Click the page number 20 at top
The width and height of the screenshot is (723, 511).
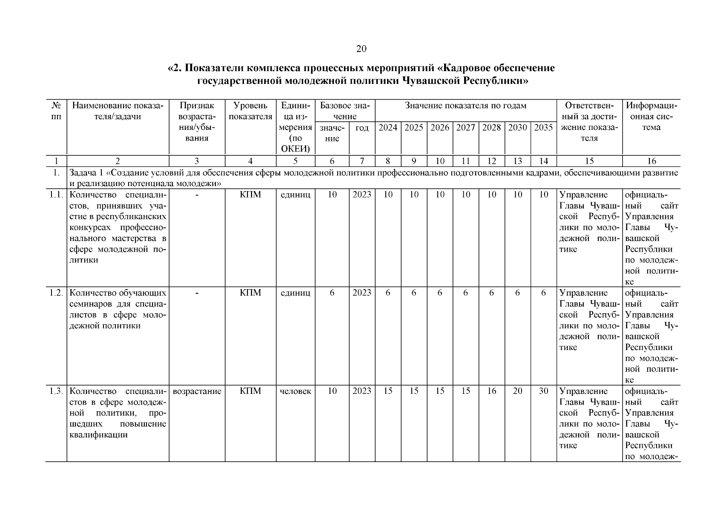tap(361, 49)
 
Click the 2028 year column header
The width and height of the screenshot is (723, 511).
tap(491, 127)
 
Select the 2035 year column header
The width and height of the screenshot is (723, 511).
tap(543, 127)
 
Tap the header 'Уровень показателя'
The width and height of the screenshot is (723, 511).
tap(250, 111)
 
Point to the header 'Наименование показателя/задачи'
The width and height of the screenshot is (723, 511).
tap(118, 111)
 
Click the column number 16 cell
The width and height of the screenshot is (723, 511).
tap(651, 161)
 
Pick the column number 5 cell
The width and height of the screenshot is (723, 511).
tap(295, 161)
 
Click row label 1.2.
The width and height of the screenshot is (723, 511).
tap(56, 293)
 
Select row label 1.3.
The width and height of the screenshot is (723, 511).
tap(56, 391)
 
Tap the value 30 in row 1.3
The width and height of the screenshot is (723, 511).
tap(543, 391)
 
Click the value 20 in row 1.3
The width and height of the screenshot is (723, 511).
tap(517, 391)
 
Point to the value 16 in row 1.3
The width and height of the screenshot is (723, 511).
tap(491, 391)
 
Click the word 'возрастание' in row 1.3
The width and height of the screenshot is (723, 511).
tap(197, 391)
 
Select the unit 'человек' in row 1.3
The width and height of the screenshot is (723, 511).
tap(295, 391)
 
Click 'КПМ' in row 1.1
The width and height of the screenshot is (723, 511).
tap(250, 195)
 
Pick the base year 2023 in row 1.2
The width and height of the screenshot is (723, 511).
tap(361, 293)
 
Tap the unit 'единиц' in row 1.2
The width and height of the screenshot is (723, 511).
tap(295, 293)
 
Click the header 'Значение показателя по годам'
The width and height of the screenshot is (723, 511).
tap(465, 106)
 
